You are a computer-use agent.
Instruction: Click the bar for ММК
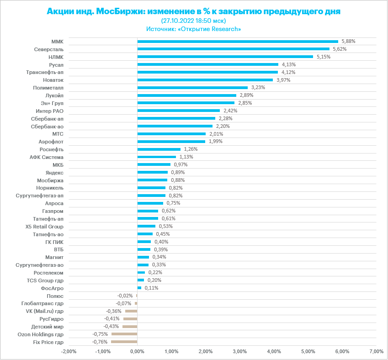coord(238,41)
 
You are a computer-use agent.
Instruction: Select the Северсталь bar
coord(233,49)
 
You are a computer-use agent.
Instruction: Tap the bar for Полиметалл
coord(192,87)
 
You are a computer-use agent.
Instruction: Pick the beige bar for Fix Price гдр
coord(124,342)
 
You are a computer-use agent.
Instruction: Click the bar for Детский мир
coord(130,326)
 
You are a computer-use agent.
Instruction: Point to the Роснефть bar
coord(159,149)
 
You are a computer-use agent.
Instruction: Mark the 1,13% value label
coord(186,157)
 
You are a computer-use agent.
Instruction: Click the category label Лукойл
coord(54,95)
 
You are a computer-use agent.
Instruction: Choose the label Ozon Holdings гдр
coord(40,334)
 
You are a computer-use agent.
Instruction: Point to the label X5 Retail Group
coord(44,226)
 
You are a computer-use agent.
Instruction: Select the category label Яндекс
coord(54,172)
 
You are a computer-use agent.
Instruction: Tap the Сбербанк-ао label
coord(47,126)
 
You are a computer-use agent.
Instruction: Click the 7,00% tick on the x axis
coord(376,351)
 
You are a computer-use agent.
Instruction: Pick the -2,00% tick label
coord(69,351)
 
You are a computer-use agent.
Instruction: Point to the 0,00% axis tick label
coord(137,351)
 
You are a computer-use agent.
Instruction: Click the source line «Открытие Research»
coord(193,29)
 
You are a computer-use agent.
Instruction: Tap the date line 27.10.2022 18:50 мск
coord(193,21)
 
